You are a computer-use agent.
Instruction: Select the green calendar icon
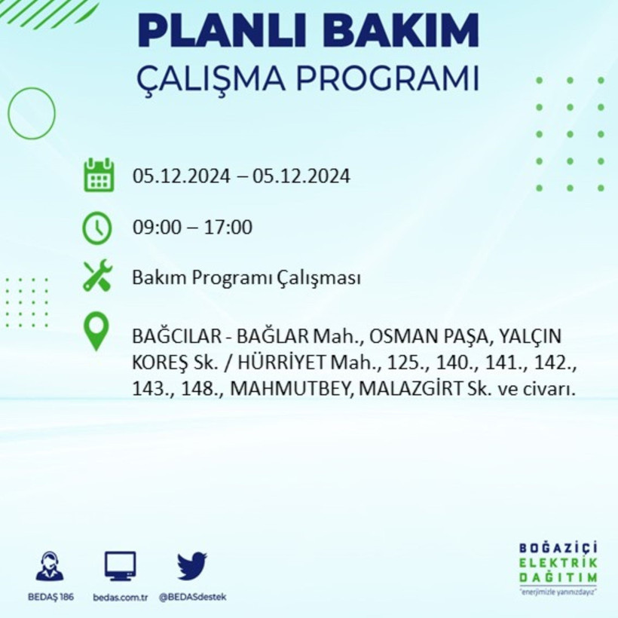click(x=99, y=175)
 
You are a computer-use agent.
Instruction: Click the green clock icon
click(x=98, y=228)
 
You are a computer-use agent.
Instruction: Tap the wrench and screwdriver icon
click(x=98, y=276)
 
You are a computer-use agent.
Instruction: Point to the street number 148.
click(x=197, y=390)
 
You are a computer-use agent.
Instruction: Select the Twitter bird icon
click(x=192, y=565)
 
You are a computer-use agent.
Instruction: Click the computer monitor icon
click(x=121, y=565)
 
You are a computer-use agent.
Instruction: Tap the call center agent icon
click(x=50, y=566)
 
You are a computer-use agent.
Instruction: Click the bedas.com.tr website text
click(x=121, y=597)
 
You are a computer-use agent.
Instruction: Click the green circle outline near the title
click(x=32, y=113)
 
